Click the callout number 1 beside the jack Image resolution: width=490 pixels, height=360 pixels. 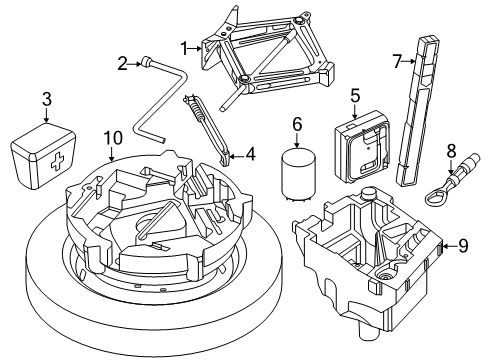pyautogui.click(x=185, y=49)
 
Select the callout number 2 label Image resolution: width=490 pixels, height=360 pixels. pyautogui.click(x=122, y=63)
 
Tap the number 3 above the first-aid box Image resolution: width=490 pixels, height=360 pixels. pyautogui.click(x=47, y=99)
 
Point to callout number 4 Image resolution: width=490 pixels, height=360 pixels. pyautogui.click(x=250, y=154)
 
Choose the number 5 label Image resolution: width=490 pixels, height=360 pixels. pyautogui.click(x=355, y=96)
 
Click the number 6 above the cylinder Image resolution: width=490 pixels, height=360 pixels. pyautogui.click(x=297, y=124)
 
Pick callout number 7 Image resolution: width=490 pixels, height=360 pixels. pyautogui.click(x=397, y=61)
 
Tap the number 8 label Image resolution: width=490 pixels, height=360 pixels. pyautogui.click(x=451, y=151)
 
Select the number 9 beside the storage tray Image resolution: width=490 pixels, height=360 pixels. pyautogui.click(x=463, y=246)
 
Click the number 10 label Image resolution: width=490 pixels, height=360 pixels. pyautogui.click(x=113, y=138)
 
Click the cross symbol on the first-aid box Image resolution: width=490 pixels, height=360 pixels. pyautogui.click(x=57, y=162)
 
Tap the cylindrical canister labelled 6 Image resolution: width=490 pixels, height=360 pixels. pyautogui.click(x=298, y=174)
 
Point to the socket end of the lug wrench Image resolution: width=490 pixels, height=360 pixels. pyautogui.click(x=146, y=62)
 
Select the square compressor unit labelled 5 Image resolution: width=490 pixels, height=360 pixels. pyautogui.click(x=362, y=147)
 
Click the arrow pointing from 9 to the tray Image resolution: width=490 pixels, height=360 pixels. pyautogui.click(x=449, y=246)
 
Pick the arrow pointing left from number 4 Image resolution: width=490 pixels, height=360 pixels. pyautogui.click(x=236, y=155)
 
